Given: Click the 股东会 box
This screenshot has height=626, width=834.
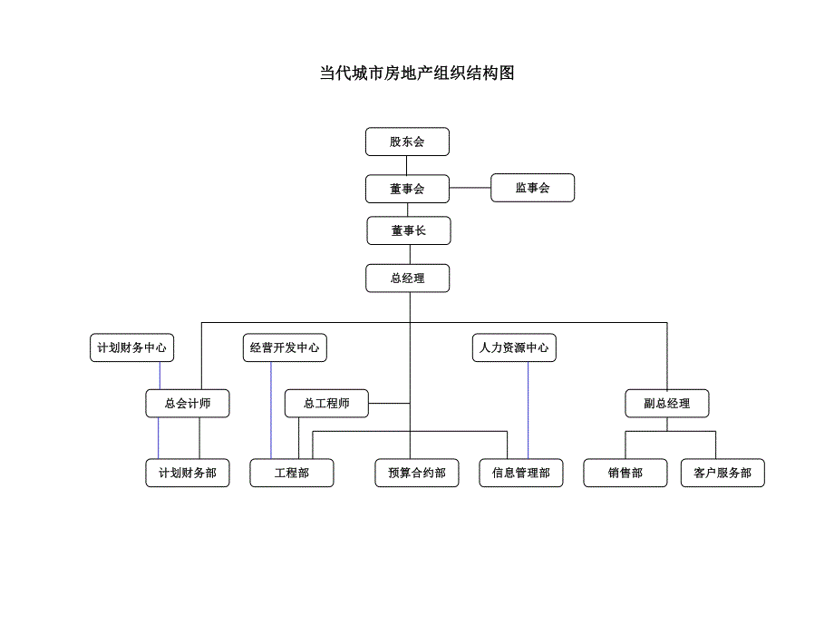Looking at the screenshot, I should [407, 142].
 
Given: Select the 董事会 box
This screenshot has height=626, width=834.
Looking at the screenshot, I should [407, 189].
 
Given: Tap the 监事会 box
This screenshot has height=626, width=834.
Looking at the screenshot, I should [532, 188].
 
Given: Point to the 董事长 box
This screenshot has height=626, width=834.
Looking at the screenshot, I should [408, 230].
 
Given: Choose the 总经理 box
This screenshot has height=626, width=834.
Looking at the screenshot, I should [407, 279].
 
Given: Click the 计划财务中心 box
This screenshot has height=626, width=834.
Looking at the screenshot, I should [131, 347].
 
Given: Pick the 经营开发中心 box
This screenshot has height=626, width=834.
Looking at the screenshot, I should [285, 347].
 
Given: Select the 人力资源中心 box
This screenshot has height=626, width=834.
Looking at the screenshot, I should [514, 347].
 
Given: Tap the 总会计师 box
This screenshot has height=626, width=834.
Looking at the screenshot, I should [188, 404].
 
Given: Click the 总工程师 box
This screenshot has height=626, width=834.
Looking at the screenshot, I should [326, 404].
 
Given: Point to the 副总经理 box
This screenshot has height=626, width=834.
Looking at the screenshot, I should [667, 404].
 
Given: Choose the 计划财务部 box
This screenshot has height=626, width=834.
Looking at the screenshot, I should [188, 473].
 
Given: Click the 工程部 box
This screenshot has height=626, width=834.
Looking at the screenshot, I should [292, 473].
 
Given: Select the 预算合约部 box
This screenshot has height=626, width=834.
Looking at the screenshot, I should [417, 473].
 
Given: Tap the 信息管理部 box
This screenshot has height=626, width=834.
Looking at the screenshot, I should [521, 473].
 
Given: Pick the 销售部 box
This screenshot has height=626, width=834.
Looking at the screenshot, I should [625, 473].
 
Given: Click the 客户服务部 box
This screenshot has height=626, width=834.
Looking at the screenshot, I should [722, 473].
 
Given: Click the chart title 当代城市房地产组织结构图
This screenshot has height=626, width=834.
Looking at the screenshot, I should [417, 73].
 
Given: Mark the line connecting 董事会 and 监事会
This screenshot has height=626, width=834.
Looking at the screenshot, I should [470, 188].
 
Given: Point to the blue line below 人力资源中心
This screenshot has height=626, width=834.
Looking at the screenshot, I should [529, 408].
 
